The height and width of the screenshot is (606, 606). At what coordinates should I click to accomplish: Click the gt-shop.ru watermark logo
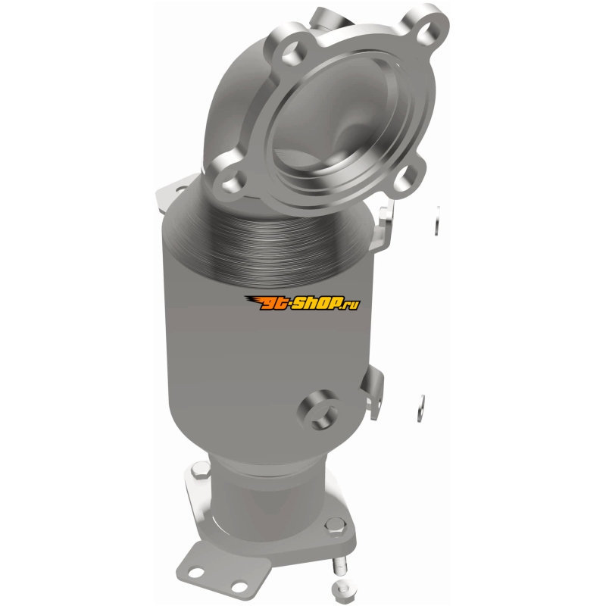(x=302, y=303)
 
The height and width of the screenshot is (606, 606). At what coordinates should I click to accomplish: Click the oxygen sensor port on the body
(x=317, y=410)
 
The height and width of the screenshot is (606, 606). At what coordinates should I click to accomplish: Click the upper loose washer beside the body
(x=437, y=220)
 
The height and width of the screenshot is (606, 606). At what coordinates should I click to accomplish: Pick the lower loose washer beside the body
(x=420, y=408)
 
